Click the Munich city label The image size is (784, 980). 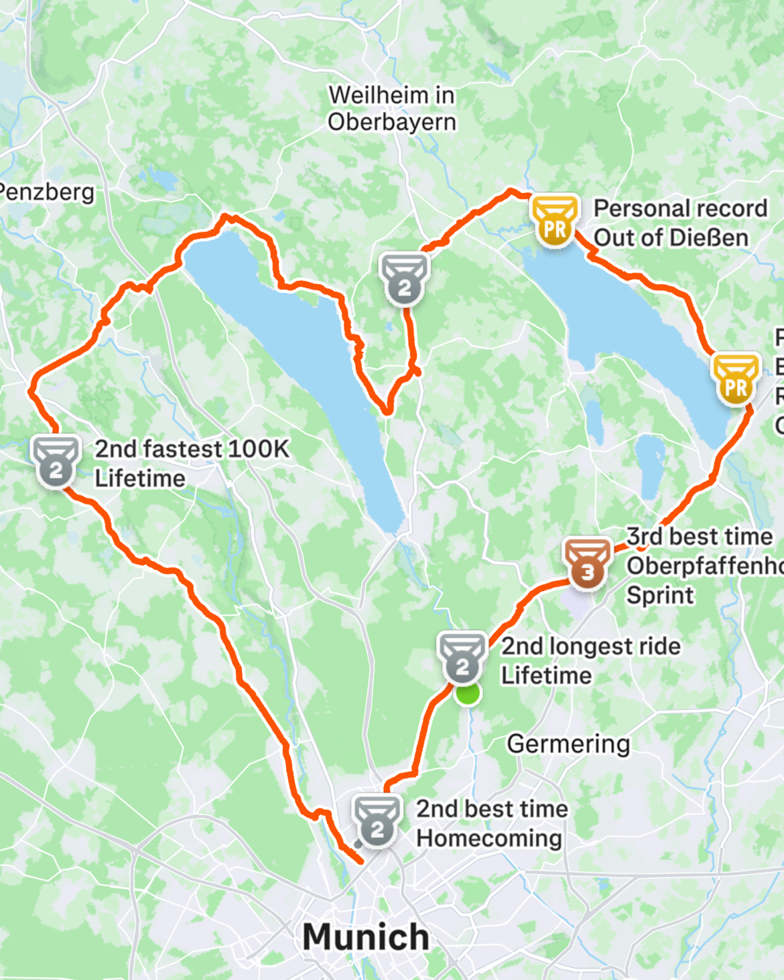(x=366, y=936)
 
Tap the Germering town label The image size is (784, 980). (x=568, y=744)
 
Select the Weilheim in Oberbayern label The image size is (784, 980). (x=392, y=109)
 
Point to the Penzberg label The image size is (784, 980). (x=47, y=192)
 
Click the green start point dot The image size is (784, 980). (x=467, y=694)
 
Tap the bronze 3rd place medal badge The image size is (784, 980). (x=587, y=563)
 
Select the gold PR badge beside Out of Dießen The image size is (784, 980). (x=554, y=220)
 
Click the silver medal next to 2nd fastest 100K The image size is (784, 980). (x=56, y=462)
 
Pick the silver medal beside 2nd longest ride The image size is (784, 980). (x=462, y=658)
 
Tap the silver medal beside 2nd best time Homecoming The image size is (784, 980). (x=377, y=821)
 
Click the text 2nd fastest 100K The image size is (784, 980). (x=192, y=449)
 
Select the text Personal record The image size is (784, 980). (x=680, y=208)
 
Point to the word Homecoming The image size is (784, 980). (x=489, y=838)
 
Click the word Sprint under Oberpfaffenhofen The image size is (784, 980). (x=660, y=595)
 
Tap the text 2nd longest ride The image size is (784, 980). (x=590, y=646)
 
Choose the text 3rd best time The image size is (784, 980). (x=699, y=537)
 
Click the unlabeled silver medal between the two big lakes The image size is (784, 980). (x=403, y=279)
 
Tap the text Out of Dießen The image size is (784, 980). (x=670, y=238)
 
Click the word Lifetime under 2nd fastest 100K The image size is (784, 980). (x=140, y=479)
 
